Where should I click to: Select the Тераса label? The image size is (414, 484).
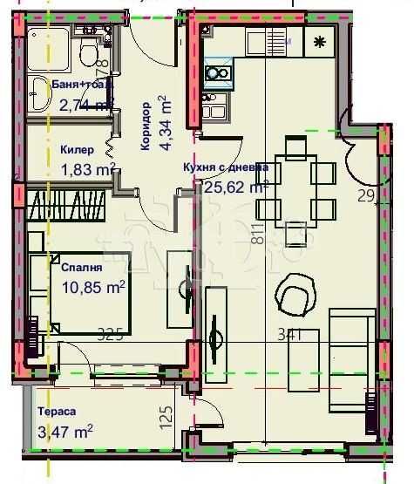[x=57, y=412]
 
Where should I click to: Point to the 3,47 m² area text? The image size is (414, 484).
[x=65, y=431]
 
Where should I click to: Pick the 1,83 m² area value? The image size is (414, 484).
[x=87, y=169]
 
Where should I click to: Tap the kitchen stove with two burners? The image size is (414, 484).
[x=217, y=73]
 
